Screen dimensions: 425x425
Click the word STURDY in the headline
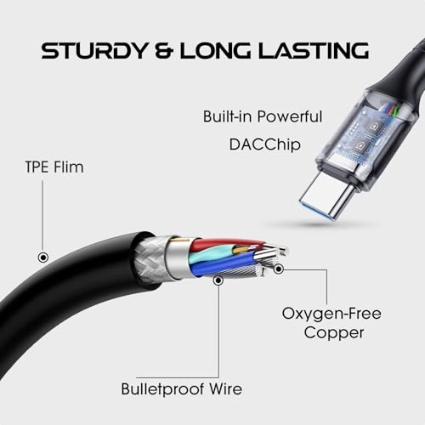click(x=93, y=50)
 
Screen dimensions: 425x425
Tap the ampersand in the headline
click(x=163, y=50)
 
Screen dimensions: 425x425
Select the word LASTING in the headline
click(x=314, y=50)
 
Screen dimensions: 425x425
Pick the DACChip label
click(x=264, y=144)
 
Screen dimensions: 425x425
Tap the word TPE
click(x=37, y=167)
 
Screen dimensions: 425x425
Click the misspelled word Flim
click(x=69, y=167)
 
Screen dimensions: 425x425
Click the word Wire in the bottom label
click(x=226, y=389)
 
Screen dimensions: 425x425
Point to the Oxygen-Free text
click(x=331, y=314)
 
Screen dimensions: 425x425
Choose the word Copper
click(x=334, y=333)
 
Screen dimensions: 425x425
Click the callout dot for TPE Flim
click(x=43, y=258)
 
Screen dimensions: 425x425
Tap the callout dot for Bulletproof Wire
click(x=218, y=280)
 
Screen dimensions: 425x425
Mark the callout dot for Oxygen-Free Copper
click(x=279, y=269)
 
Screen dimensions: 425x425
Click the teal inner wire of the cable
click(x=210, y=253)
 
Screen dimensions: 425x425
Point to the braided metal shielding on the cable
click(x=150, y=259)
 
